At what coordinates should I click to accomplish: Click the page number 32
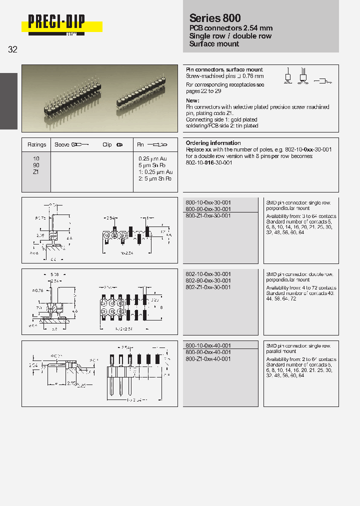[13, 49]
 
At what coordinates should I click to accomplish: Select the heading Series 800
[215, 18]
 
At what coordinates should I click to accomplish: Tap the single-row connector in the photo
[141, 91]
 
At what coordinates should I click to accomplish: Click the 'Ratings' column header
[36, 144]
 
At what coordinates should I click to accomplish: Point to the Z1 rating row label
[36, 171]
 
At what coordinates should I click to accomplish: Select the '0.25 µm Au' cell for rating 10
[152, 158]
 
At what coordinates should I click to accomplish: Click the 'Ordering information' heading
[213, 143]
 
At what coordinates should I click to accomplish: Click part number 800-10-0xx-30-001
[208, 202]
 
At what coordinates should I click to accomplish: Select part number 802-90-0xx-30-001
[208, 281]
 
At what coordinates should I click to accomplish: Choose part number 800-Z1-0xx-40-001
[208, 359]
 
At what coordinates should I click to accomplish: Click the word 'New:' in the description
[192, 100]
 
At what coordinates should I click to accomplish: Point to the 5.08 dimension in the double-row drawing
[56, 274]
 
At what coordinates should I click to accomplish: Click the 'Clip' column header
[107, 144]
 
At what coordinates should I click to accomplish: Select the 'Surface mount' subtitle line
[214, 44]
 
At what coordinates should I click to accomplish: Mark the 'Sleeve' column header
[62, 144]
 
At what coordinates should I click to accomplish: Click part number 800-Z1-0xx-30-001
[208, 215]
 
